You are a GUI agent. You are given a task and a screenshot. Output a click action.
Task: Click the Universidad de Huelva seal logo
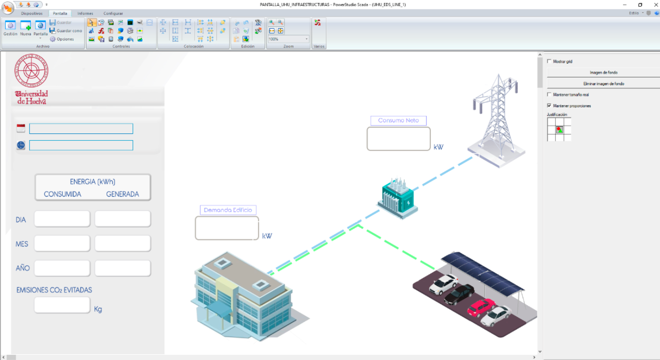[x=31, y=71]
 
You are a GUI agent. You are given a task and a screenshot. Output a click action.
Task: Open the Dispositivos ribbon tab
[x=32, y=13]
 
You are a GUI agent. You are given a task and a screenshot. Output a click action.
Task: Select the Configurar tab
[x=113, y=13]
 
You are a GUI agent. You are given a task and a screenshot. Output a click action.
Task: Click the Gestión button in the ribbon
[x=10, y=28]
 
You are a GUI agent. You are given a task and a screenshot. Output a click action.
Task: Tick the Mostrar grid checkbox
[x=549, y=61]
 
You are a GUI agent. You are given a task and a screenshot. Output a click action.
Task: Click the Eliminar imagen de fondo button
[x=603, y=84]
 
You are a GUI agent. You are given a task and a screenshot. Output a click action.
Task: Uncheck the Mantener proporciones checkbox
[x=549, y=105]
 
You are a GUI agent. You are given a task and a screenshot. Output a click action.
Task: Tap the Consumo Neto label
[x=398, y=121]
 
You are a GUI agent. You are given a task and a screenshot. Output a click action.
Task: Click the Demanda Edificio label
[x=228, y=210]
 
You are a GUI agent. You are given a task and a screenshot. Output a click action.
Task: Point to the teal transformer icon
[x=398, y=198]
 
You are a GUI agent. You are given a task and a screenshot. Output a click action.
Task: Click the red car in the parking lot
[x=481, y=307]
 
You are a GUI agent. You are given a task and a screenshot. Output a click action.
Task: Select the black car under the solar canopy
[x=459, y=294]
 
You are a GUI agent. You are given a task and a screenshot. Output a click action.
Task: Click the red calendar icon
[x=21, y=128]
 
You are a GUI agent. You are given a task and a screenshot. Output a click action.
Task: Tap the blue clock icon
[x=21, y=145]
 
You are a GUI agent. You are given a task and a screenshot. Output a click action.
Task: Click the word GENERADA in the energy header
[x=123, y=194]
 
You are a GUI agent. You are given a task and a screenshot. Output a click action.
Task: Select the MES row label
[x=22, y=244]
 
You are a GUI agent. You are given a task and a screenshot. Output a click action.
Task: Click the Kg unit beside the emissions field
[x=98, y=309]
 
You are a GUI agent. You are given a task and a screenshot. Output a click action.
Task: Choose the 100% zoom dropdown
[x=288, y=39]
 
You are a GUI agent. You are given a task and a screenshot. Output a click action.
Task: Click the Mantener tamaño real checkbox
[x=549, y=95]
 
